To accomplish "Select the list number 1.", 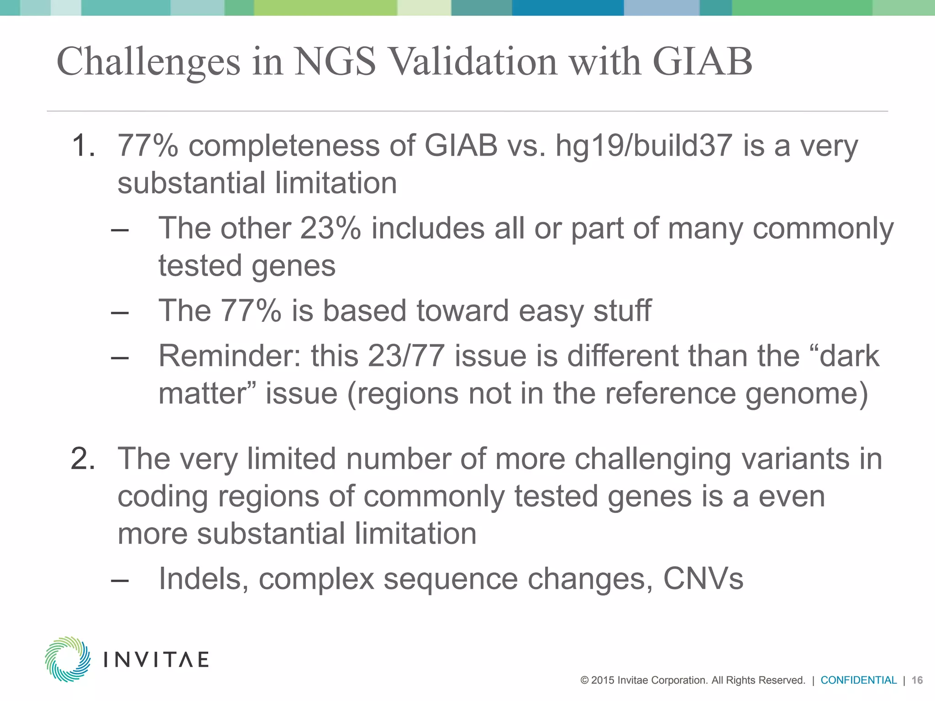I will (x=83, y=146).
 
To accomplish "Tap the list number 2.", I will (x=83, y=459).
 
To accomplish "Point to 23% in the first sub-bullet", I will (x=331, y=228).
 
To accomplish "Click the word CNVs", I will (x=703, y=579).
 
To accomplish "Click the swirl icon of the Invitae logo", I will (x=68, y=659).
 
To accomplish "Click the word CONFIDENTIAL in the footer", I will (x=858, y=680).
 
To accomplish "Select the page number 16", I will (x=917, y=680).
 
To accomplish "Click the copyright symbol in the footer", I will (x=584, y=680).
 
